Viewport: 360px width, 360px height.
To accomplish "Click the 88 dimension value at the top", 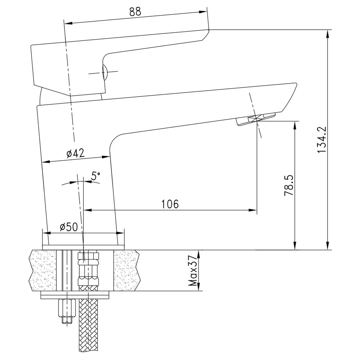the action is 135,12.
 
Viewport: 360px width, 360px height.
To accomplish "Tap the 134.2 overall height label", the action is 321,140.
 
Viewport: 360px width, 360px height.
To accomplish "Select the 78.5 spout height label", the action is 289,185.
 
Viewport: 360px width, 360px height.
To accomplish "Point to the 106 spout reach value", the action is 170,204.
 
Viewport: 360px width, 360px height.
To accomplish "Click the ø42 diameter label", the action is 76,153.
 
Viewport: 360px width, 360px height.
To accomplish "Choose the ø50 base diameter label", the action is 69,227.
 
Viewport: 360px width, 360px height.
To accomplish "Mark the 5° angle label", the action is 95,176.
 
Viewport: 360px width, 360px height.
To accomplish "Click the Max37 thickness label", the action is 193,271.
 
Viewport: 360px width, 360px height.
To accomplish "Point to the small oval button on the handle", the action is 104,72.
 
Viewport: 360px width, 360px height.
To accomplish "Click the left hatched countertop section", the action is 43,270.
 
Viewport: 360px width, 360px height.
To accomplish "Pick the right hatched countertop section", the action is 127,270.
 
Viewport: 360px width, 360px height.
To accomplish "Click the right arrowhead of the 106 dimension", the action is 253,210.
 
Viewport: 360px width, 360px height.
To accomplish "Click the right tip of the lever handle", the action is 209,30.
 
